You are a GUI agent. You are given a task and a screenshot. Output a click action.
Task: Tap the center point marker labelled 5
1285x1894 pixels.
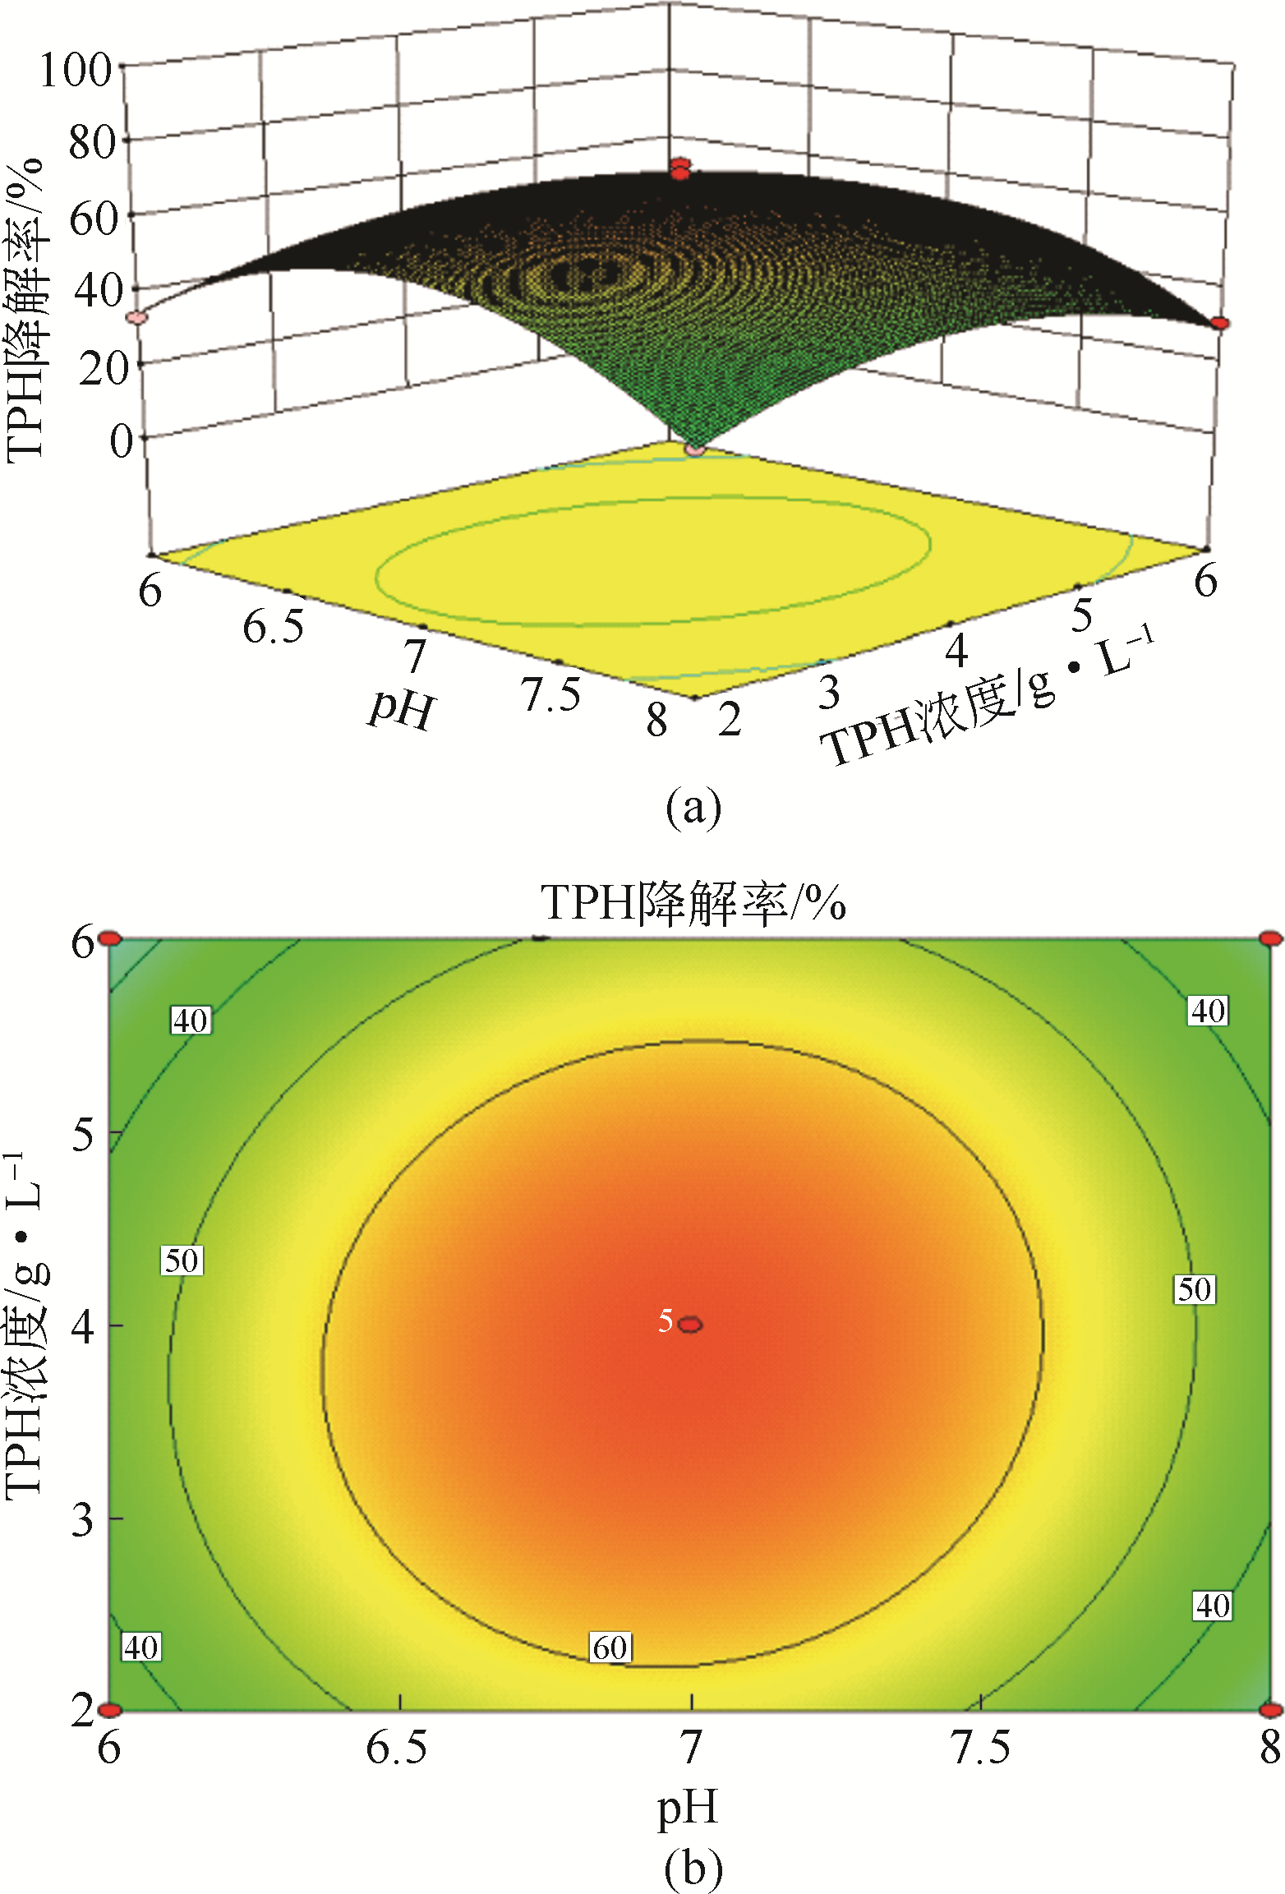pos(691,1324)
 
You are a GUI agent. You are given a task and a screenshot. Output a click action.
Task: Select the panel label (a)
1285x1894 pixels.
pos(693,807)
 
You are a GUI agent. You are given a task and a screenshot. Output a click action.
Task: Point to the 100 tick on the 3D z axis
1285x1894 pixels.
pos(76,70)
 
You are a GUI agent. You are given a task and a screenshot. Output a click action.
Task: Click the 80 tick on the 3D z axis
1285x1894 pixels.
pos(92,143)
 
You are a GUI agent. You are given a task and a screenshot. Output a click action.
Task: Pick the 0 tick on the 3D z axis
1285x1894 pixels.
pos(121,441)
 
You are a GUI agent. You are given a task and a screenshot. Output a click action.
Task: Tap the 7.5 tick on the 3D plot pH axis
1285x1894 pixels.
pos(551,694)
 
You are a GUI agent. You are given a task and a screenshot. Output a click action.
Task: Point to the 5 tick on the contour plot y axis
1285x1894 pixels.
pos(85,1135)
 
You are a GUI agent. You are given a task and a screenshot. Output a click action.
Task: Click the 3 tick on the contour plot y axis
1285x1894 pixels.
pos(85,1519)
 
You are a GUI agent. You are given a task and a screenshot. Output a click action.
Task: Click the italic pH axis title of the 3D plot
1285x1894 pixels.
pos(400,708)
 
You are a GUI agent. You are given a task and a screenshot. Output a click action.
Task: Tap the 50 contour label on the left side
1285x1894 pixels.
pos(182,1260)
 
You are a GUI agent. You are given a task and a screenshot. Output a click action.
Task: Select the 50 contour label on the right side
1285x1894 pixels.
pos(1194,1289)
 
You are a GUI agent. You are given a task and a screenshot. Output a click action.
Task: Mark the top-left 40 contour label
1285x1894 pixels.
pos(191,1020)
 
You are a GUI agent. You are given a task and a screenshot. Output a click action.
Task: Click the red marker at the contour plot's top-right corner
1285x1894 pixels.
pos(1270,938)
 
